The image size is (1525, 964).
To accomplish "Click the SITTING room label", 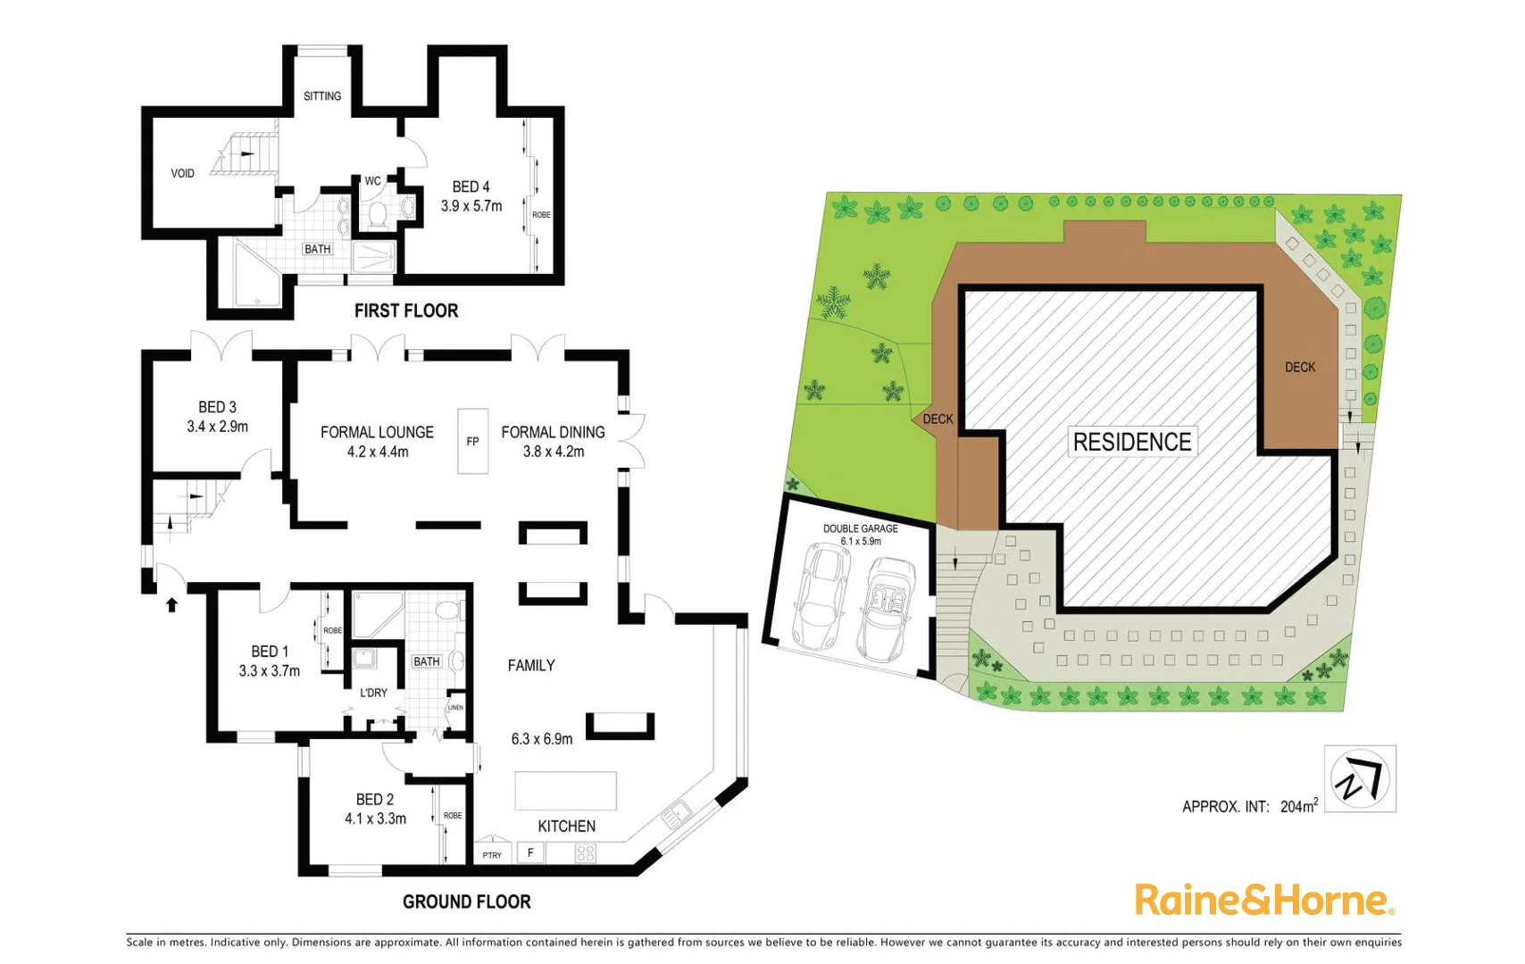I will click(x=322, y=96).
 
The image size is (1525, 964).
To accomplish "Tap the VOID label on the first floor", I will click(x=183, y=173).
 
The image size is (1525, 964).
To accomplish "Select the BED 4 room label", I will click(x=471, y=187).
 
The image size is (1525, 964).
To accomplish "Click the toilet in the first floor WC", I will click(x=377, y=214).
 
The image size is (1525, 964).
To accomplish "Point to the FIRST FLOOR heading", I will click(x=406, y=311).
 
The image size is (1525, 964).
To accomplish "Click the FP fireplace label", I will click(x=473, y=442).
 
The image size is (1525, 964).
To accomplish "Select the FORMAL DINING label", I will click(x=553, y=432).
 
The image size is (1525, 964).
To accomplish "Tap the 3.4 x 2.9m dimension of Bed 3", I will click(x=218, y=427).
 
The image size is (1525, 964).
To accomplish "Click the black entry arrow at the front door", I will click(x=172, y=604).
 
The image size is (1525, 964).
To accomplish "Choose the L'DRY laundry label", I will click(x=373, y=693).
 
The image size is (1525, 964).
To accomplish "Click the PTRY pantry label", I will click(x=492, y=855).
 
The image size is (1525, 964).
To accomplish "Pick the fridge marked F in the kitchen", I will click(x=530, y=852).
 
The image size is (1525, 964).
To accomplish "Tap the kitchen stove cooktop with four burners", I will click(x=586, y=852).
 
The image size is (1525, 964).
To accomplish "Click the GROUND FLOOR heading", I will click(x=467, y=902).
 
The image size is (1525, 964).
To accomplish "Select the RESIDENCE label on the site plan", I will click(x=1132, y=442).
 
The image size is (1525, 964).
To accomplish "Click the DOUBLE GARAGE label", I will click(x=861, y=528).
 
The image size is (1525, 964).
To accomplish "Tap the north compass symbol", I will click(x=1360, y=778).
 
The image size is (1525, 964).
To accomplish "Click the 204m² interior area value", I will click(x=1298, y=806).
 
